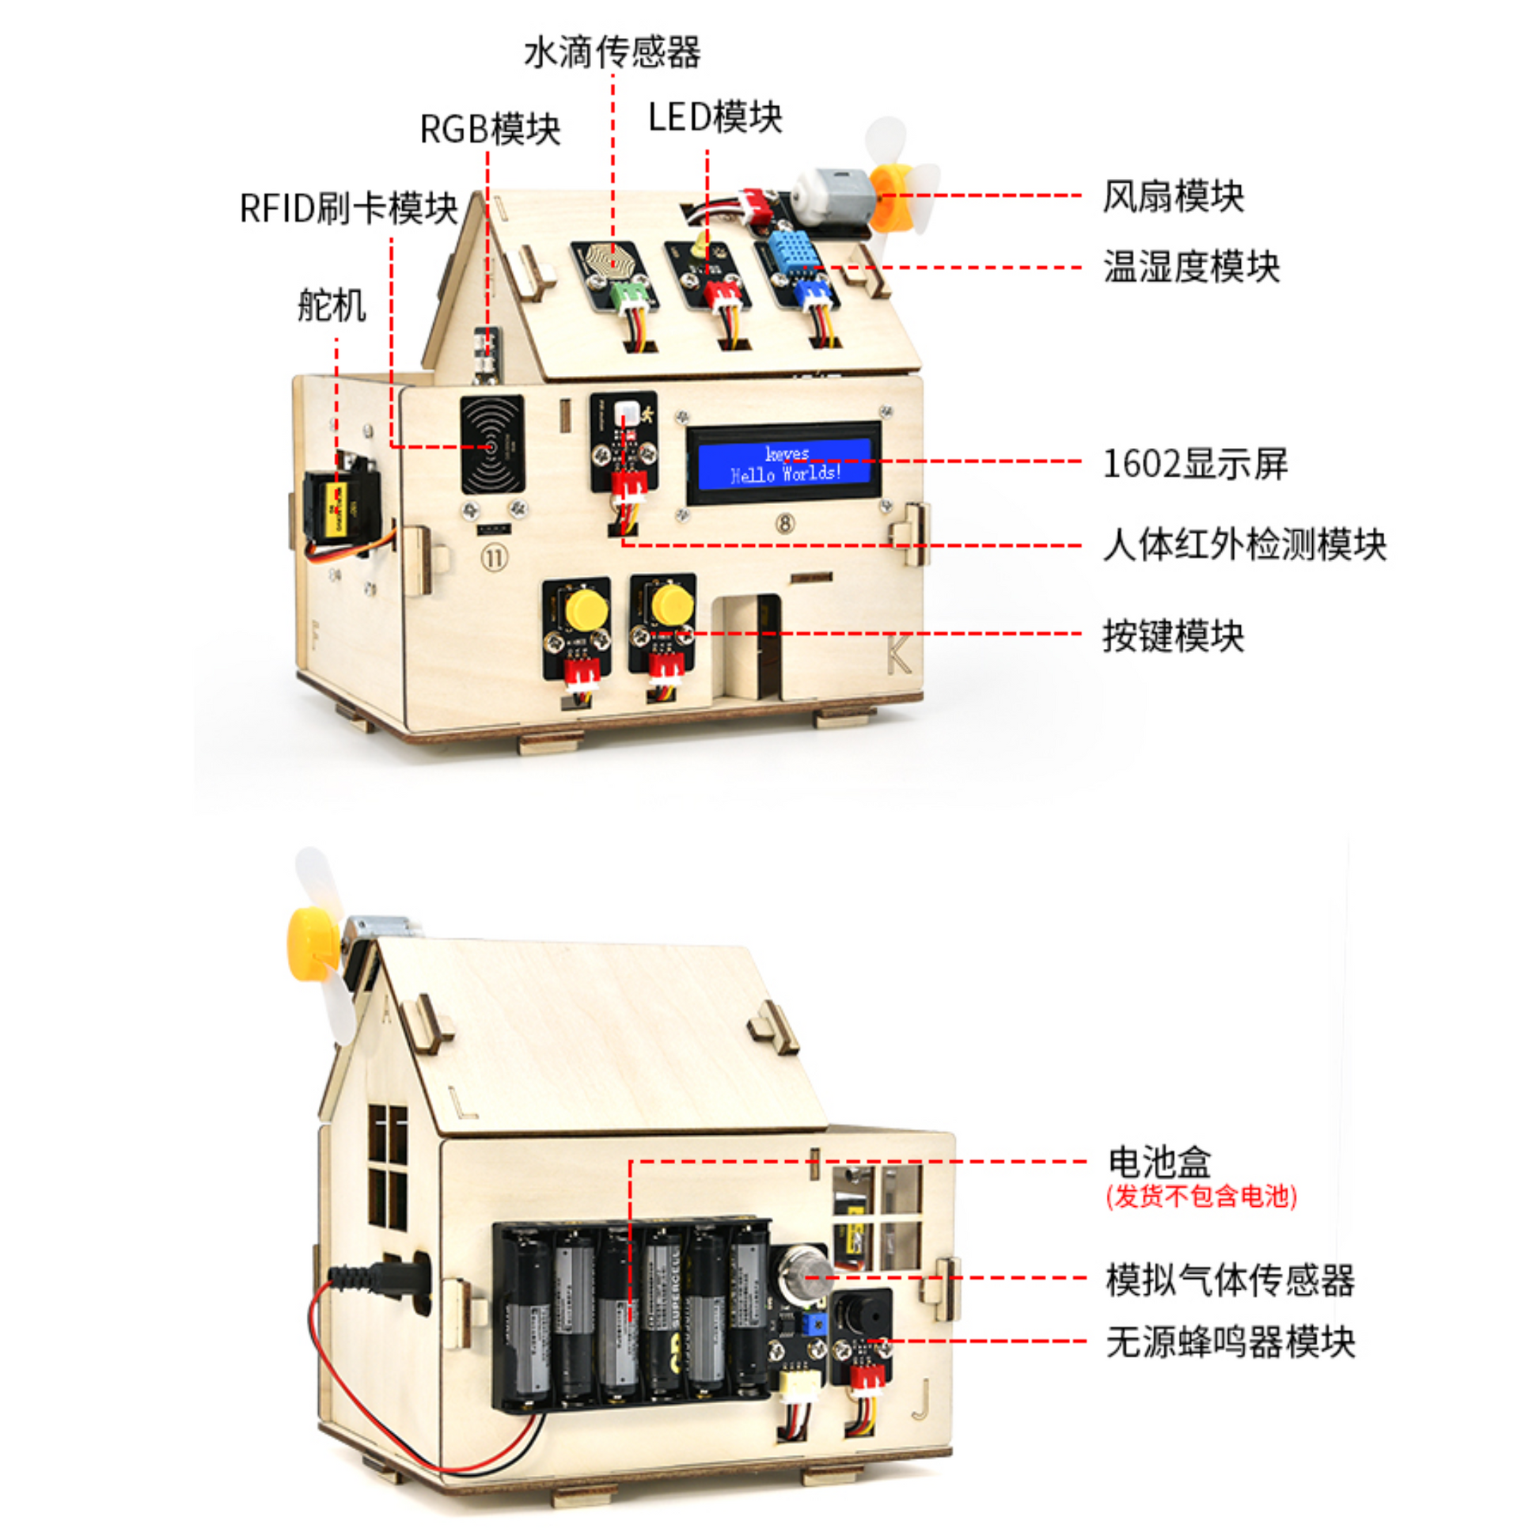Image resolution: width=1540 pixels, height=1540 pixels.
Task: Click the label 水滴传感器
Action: click(613, 52)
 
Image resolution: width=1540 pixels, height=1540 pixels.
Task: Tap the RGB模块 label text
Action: click(490, 129)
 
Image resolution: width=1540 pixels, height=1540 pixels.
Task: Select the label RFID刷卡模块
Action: click(349, 209)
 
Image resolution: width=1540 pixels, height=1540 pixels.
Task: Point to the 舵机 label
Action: click(332, 305)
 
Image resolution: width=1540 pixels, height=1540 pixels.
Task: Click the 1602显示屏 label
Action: click(1195, 464)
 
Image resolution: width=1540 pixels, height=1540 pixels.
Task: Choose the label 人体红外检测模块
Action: click(1244, 545)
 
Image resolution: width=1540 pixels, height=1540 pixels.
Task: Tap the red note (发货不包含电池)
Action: click(1201, 1197)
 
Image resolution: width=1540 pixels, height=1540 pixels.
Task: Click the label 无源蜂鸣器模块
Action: click(1230, 1342)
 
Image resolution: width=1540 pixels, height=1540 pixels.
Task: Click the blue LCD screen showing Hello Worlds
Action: click(784, 464)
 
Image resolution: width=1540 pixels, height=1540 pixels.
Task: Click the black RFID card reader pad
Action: click(491, 446)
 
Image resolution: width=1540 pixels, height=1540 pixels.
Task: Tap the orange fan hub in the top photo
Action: click(889, 195)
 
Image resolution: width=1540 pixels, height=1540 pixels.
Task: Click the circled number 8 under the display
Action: click(785, 524)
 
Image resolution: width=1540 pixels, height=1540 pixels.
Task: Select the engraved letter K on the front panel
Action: click(899, 655)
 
